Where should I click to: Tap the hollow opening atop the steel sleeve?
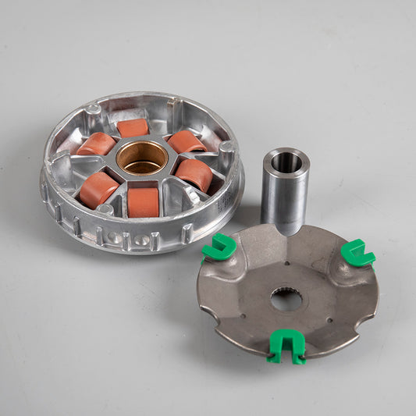(285, 162)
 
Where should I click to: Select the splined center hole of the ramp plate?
(288, 299)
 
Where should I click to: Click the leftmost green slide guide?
(219, 248)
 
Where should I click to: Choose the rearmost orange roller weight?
(133, 127)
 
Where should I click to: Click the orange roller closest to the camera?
(143, 201)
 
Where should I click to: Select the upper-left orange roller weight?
(97, 144)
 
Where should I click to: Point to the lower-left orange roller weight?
(98, 190)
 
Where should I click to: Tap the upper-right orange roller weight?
(187, 141)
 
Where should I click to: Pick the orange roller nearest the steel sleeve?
(194, 174)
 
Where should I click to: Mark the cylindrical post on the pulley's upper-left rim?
(93, 108)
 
